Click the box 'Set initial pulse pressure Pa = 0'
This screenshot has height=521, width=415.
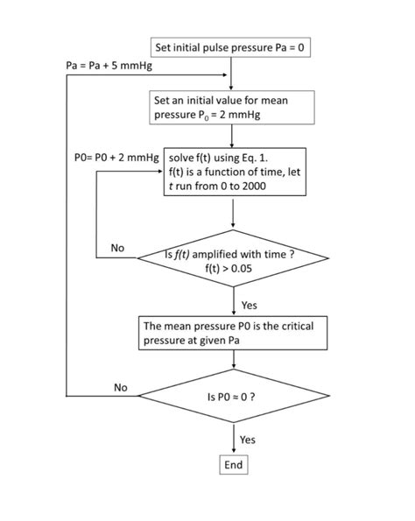pos(230,46)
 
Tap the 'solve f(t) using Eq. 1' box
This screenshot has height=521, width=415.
pos(235,172)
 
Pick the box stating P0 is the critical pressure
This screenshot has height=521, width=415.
pos(233,333)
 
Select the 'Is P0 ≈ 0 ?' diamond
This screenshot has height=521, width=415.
pos(232,396)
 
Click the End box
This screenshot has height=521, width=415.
pos(233,465)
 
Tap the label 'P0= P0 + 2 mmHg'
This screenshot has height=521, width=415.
pos(116,158)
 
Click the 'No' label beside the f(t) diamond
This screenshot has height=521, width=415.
pos(117,249)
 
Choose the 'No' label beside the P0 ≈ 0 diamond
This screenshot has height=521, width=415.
pos(121,386)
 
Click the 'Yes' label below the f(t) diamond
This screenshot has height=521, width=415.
pos(249,305)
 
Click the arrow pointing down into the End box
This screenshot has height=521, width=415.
pos(232,442)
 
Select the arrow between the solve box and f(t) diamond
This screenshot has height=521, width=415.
pos(232,214)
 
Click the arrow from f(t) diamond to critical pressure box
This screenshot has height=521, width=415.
pos(232,303)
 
